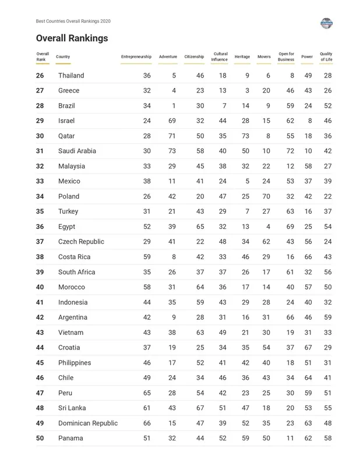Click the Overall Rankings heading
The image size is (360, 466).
(72, 38)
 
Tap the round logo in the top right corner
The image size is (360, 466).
(326, 23)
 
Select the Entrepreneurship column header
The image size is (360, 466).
(136, 57)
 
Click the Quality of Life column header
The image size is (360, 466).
(326, 57)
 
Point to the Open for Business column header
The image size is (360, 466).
(286, 57)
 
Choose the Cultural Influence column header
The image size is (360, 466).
(220, 57)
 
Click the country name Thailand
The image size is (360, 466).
(71, 76)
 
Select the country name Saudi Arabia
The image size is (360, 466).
(77, 151)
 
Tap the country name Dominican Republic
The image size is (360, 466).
(87, 423)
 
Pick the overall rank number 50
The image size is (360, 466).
(40, 438)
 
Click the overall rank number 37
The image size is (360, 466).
(40, 242)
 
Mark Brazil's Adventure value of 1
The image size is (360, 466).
(174, 106)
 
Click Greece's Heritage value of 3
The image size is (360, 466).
(247, 91)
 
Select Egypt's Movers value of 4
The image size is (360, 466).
(268, 227)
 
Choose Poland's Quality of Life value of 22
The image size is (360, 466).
(327, 196)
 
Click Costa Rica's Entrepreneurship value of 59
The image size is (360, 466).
(147, 257)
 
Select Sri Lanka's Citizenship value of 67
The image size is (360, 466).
(200, 408)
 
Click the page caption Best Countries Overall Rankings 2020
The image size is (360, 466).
(73, 21)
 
